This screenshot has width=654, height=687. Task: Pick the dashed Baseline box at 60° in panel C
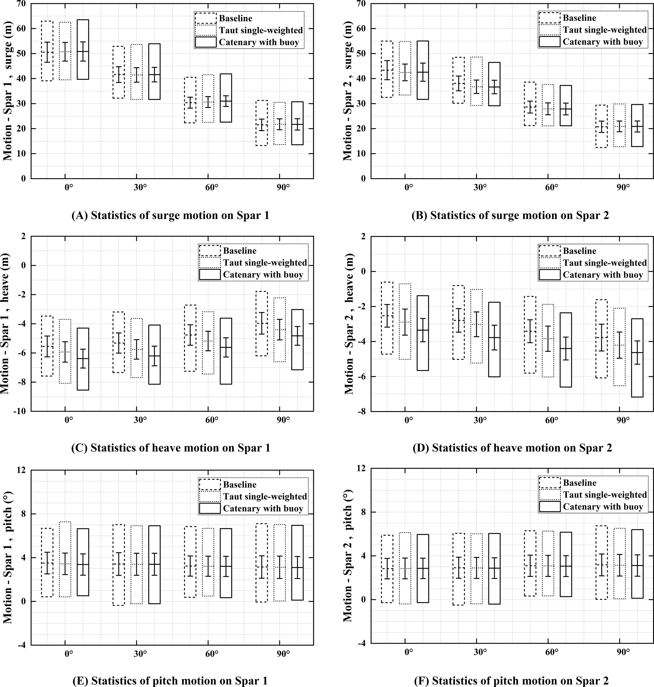(x=190, y=338)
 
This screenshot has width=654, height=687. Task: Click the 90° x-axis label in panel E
(x=283, y=654)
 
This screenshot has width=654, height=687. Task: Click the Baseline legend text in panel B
(x=579, y=18)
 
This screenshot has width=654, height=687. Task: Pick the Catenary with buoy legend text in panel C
(x=263, y=275)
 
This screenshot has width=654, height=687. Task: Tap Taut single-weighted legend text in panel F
(x=605, y=495)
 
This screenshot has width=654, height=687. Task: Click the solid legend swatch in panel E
(x=210, y=508)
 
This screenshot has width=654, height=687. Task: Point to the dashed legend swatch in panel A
(x=206, y=18)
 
